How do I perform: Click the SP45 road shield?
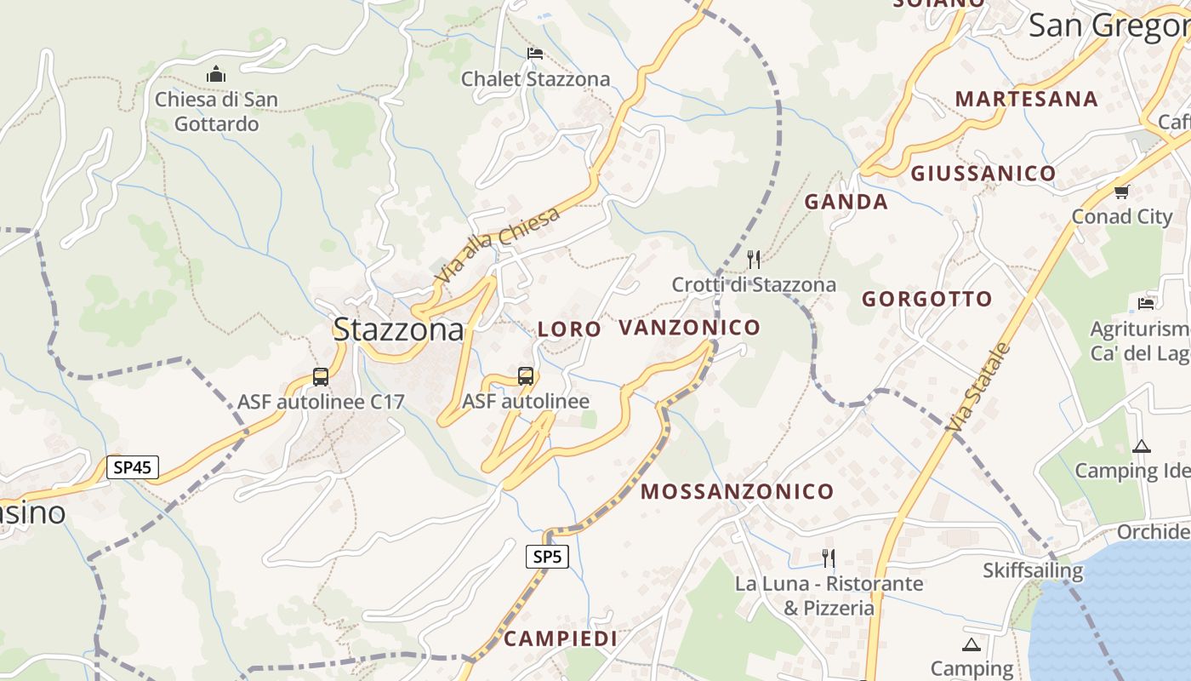pos(132,466)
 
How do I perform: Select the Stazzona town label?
pos(398,329)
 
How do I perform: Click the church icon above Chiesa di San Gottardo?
pos(216,74)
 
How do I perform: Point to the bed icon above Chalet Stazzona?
pos(534,54)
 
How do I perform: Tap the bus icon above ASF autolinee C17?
pos(321,376)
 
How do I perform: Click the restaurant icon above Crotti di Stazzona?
pos(754,259)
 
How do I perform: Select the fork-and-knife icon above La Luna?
pos(828,558)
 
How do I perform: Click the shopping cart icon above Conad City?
pos(1121,192)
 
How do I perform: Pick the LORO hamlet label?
pos(569,329)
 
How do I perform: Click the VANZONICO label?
pos(689,327)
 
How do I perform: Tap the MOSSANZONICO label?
pos(737,491)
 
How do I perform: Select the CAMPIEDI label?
pos(561,638)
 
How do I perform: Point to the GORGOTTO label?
pos(926,299)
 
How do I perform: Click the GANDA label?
pos(846,202)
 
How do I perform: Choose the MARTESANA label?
pos(1026,99)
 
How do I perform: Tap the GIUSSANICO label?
pos(983,174)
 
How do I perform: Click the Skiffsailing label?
pos(1033,570)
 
